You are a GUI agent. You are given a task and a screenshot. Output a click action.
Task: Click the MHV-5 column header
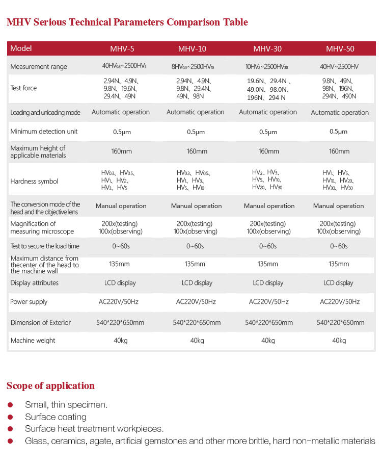[x=122, y=49]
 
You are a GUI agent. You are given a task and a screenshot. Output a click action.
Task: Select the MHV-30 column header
[x=267, y=49]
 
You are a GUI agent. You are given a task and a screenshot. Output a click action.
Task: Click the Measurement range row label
[x=39, y=67]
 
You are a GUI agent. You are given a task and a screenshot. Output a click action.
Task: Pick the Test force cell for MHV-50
[x=339, y=88]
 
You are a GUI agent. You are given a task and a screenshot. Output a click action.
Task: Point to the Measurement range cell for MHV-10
[x=194, y=67]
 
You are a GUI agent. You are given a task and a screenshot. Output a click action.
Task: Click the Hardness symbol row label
[x=34, y=182]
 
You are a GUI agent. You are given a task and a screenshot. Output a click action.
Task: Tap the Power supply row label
[x=29, y=302]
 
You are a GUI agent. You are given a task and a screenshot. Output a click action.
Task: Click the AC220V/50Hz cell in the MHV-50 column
[x=339, y=302]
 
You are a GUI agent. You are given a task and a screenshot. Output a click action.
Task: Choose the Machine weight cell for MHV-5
[x=121, y=341]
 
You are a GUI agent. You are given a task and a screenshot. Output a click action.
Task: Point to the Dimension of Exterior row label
[x=41, y=323]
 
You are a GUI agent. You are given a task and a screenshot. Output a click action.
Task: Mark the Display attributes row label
[x=34, y=283]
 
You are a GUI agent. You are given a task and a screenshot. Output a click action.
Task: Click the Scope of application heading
[x=50, y=385]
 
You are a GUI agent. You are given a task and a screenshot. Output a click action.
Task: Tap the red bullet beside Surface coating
[x=10, y=417]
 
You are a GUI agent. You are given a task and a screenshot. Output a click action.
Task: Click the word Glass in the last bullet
[x=36, y=441]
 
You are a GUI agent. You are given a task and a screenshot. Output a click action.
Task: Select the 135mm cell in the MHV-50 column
[x=339, y=264]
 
